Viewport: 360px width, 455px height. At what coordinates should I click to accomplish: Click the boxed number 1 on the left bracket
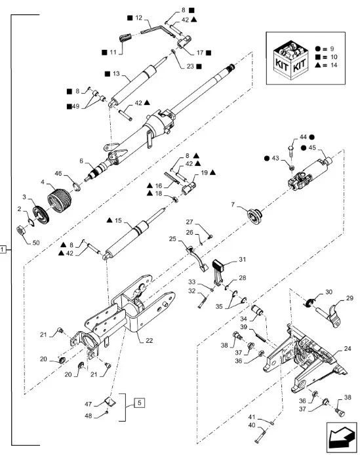click(x=3, y=249)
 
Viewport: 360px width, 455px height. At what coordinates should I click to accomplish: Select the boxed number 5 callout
click(x=140, y=403)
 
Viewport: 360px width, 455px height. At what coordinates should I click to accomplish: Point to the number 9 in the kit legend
click(x=332, y=49)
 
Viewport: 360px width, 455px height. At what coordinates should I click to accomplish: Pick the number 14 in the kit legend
click(x=334, y=65)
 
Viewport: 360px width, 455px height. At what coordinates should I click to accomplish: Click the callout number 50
click(x=36, y=243)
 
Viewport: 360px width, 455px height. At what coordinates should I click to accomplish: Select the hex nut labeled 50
click(x=21, y=230)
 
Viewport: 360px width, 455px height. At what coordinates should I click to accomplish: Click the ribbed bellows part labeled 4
click(x=59, y=200)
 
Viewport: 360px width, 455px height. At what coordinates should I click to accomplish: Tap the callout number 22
click(x=149, y=341)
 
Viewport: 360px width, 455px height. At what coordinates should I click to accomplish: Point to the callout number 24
click(x=348, y=349)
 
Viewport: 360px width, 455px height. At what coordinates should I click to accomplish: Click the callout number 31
click(x=242, y=259)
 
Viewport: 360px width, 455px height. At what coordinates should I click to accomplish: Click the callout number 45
click(x=312, y=148)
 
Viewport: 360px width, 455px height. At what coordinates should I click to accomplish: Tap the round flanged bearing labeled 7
click(x=254, y=216)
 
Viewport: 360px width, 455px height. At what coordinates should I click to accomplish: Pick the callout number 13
click(x=116, y=73)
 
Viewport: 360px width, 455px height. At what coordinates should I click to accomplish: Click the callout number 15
click(x=118, y=220)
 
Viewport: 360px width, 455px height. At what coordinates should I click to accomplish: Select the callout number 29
click(x=350, y=298)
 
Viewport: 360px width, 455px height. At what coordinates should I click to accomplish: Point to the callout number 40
click(x=252, y=425)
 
